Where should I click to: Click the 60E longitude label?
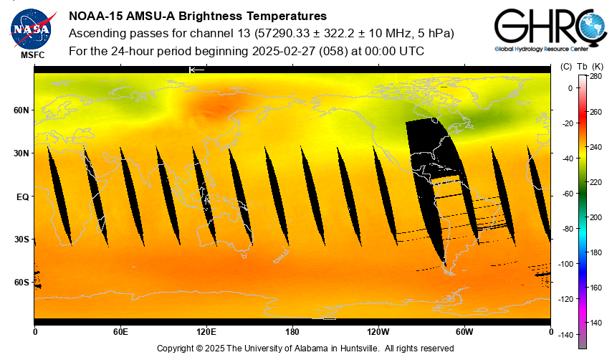pos(120,332)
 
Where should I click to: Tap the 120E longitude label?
pos(206,332)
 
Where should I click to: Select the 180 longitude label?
pos(292,332)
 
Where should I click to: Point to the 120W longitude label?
pos(378,332)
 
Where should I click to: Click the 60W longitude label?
pos(464,332)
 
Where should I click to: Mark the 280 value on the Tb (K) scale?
pos(596,76)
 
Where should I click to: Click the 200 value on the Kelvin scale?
pos(596,217)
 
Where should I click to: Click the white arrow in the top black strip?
pos(196,70)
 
